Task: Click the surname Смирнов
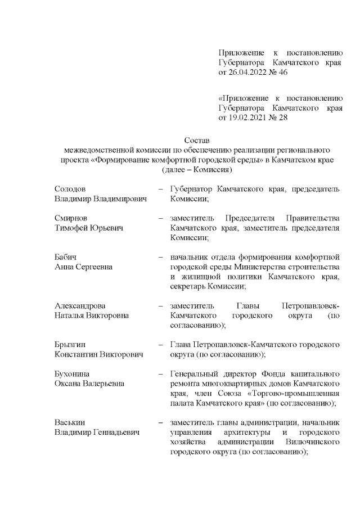click(71, 218)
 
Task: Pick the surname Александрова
click(79, 305)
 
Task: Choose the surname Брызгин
click(70, 344)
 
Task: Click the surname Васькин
click(69, 422)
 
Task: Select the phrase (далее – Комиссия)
click(196, 169)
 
